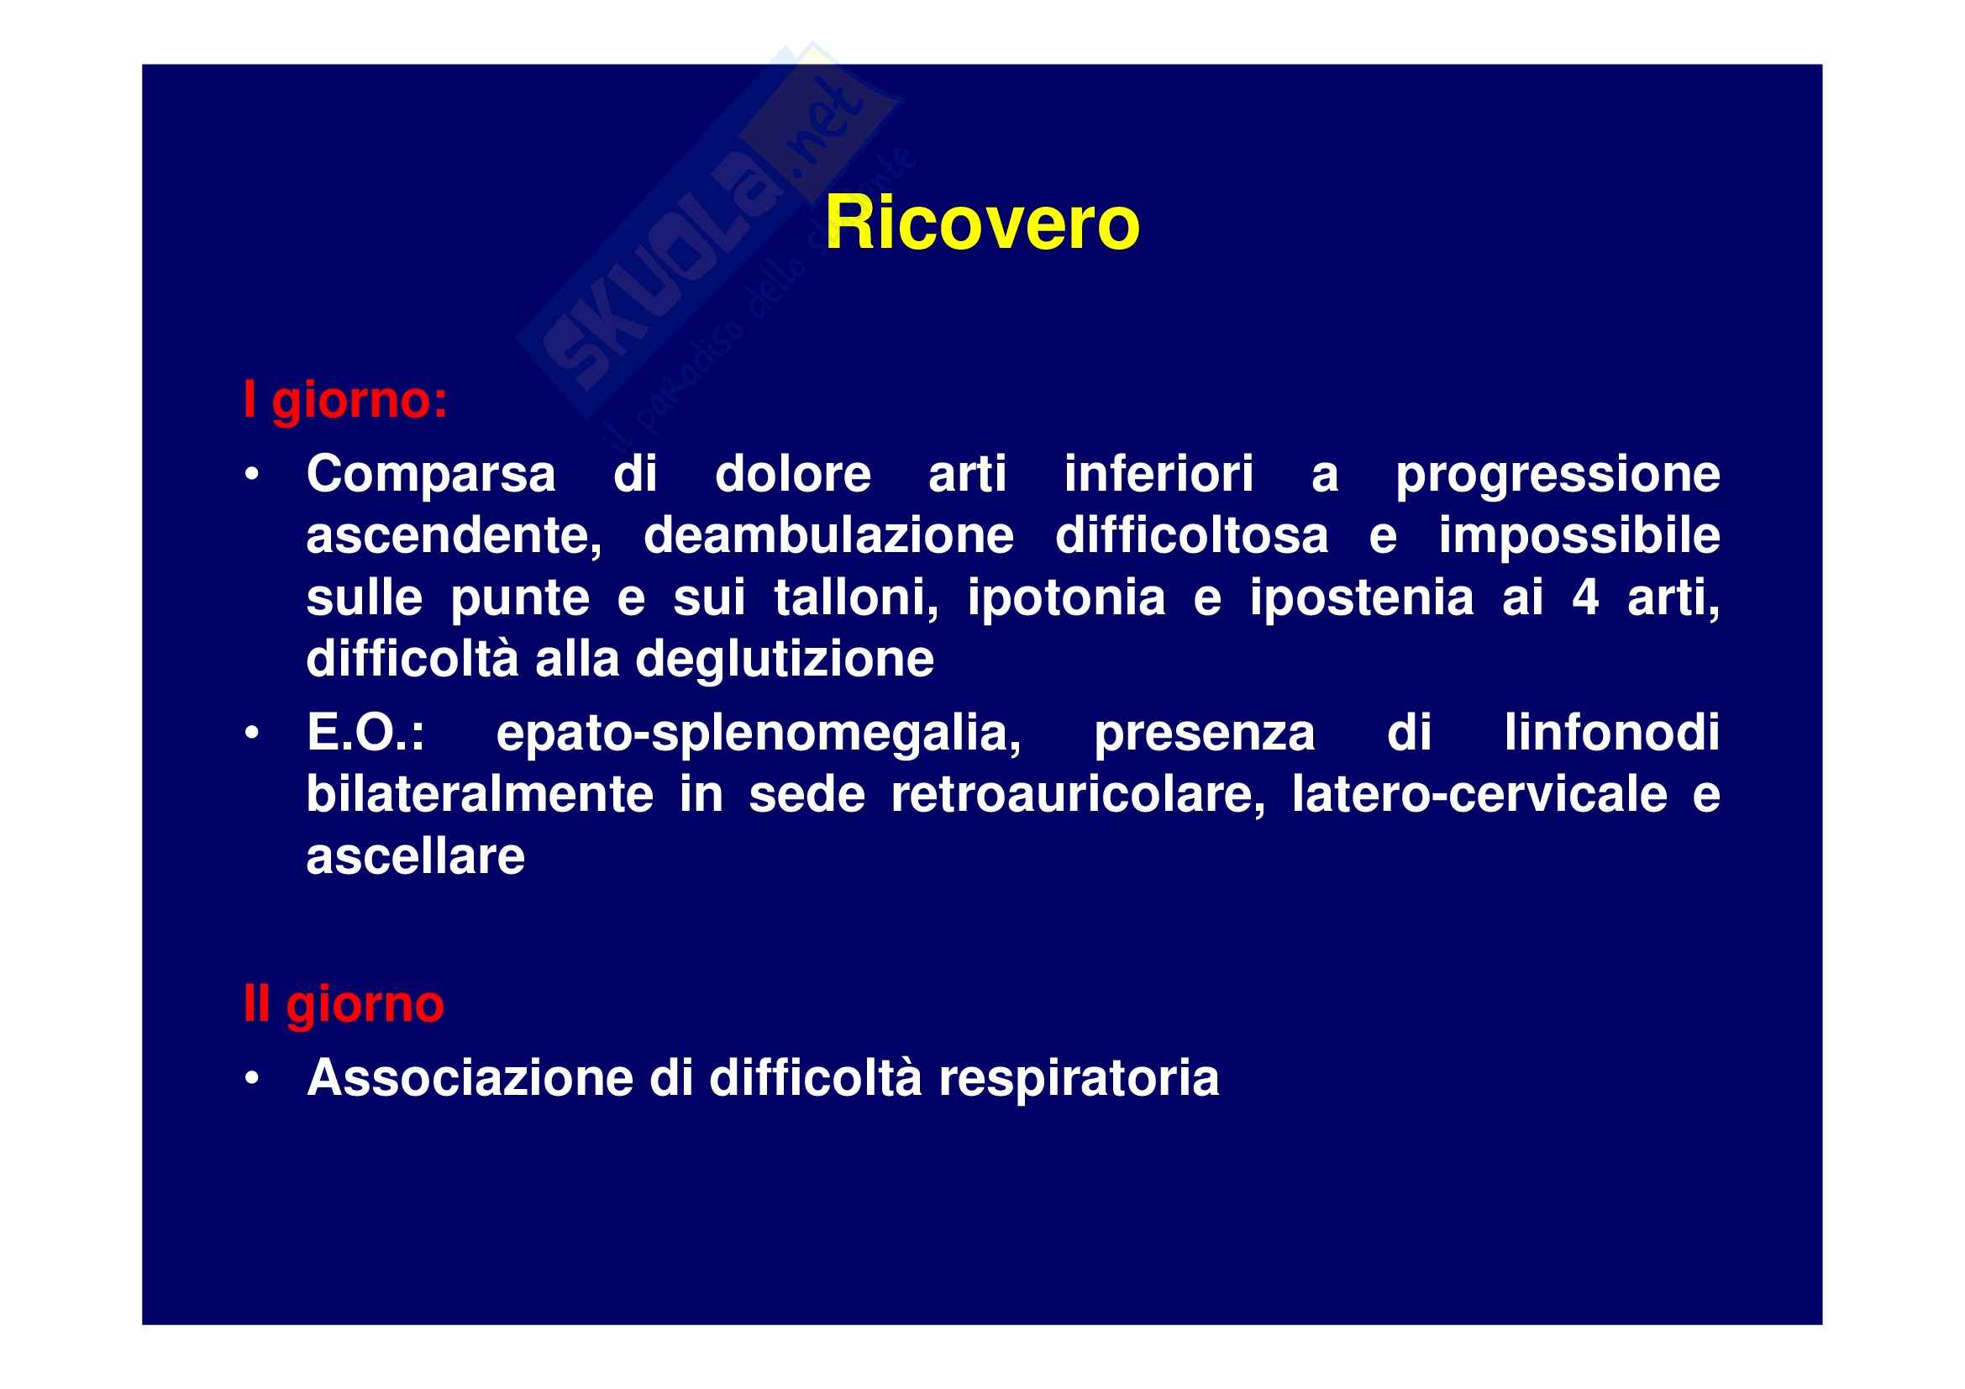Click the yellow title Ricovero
[981, 224]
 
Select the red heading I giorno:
[346, 401]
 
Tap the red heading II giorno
[344, 1004]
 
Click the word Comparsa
[431, 475]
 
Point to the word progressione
[1558, 475]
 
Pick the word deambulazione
[828, 536]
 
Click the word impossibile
[1579, 536]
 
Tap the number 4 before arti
[1585, 597]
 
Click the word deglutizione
[785, 660]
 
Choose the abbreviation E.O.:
[365, 734]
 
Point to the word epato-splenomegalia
[759, 735]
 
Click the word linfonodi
[1612, 734]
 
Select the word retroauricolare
[1079, 795]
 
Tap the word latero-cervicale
[1479, 795]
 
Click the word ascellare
[416, 857]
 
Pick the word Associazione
[470, 1077]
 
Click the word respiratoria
[1080, 1079]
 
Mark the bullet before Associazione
[252, 1080]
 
